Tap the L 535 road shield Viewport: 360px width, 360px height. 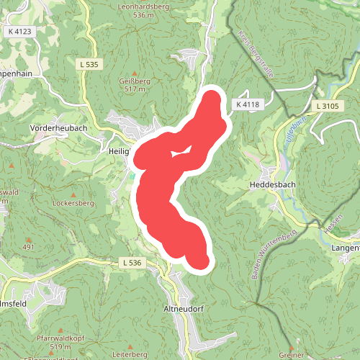tap(89, 65)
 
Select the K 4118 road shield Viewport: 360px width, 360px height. tap(246, 105)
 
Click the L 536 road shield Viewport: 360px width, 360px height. tap(131, 263)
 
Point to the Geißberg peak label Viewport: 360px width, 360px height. tap(134, 81)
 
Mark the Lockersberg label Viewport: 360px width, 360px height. tap(74, 204)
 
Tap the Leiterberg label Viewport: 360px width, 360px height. tap(130, 354)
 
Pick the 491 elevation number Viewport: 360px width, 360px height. tap(28, 247)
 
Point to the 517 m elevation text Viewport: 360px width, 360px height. tap(135, 90)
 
